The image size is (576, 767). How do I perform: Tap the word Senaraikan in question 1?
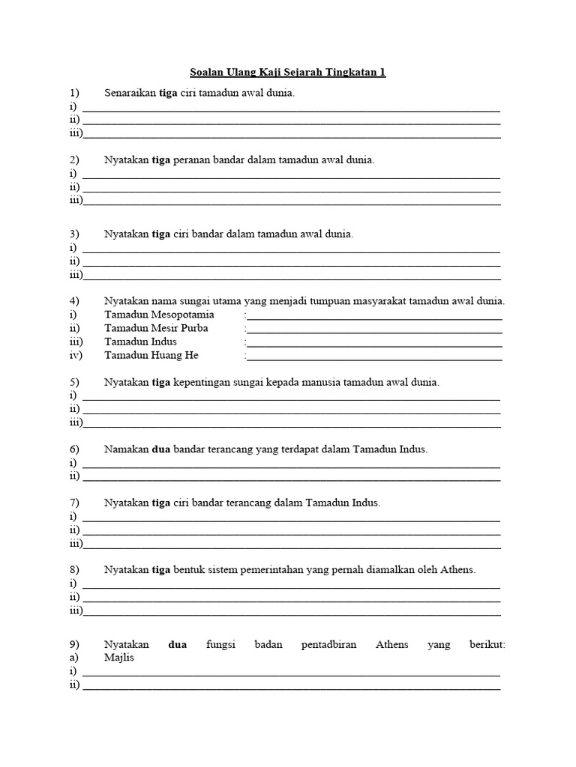click(x=129, y=93)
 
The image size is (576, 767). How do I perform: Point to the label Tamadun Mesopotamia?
click(x=159, y=315)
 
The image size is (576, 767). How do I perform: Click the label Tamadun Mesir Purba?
click(x=156, y=328)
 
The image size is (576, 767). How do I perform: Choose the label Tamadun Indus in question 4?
click(x=141, y=342)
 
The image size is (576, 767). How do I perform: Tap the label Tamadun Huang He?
click(x=151, y=355)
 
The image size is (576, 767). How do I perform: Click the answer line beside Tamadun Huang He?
click(x=374, y=359)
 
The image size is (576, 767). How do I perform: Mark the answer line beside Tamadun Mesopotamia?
click(x=374, y=318)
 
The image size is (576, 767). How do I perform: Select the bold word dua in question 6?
click(x=161, y=449)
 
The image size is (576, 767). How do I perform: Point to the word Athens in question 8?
click(x=460, y=570)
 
